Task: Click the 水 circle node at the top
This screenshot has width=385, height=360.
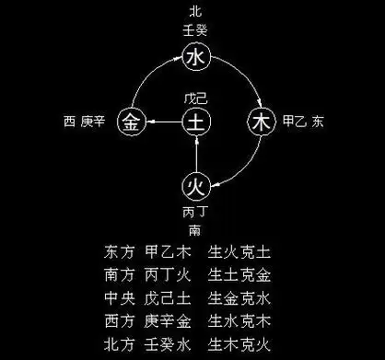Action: pos(194,59)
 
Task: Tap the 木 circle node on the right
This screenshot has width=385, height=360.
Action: pos(262,121)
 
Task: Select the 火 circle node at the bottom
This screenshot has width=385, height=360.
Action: pos(194,185)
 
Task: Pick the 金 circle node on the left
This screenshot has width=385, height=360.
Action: pos(133,121)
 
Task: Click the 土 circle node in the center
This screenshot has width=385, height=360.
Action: pos(194,121)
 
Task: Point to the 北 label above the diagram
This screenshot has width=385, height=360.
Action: pos(193,12)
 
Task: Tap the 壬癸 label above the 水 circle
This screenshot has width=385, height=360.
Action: pos(193,30)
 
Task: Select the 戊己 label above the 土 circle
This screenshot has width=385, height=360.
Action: pos(194,97)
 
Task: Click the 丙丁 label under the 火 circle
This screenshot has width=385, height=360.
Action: pos(194,211)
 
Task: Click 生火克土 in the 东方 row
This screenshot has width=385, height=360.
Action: pos(244,250)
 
